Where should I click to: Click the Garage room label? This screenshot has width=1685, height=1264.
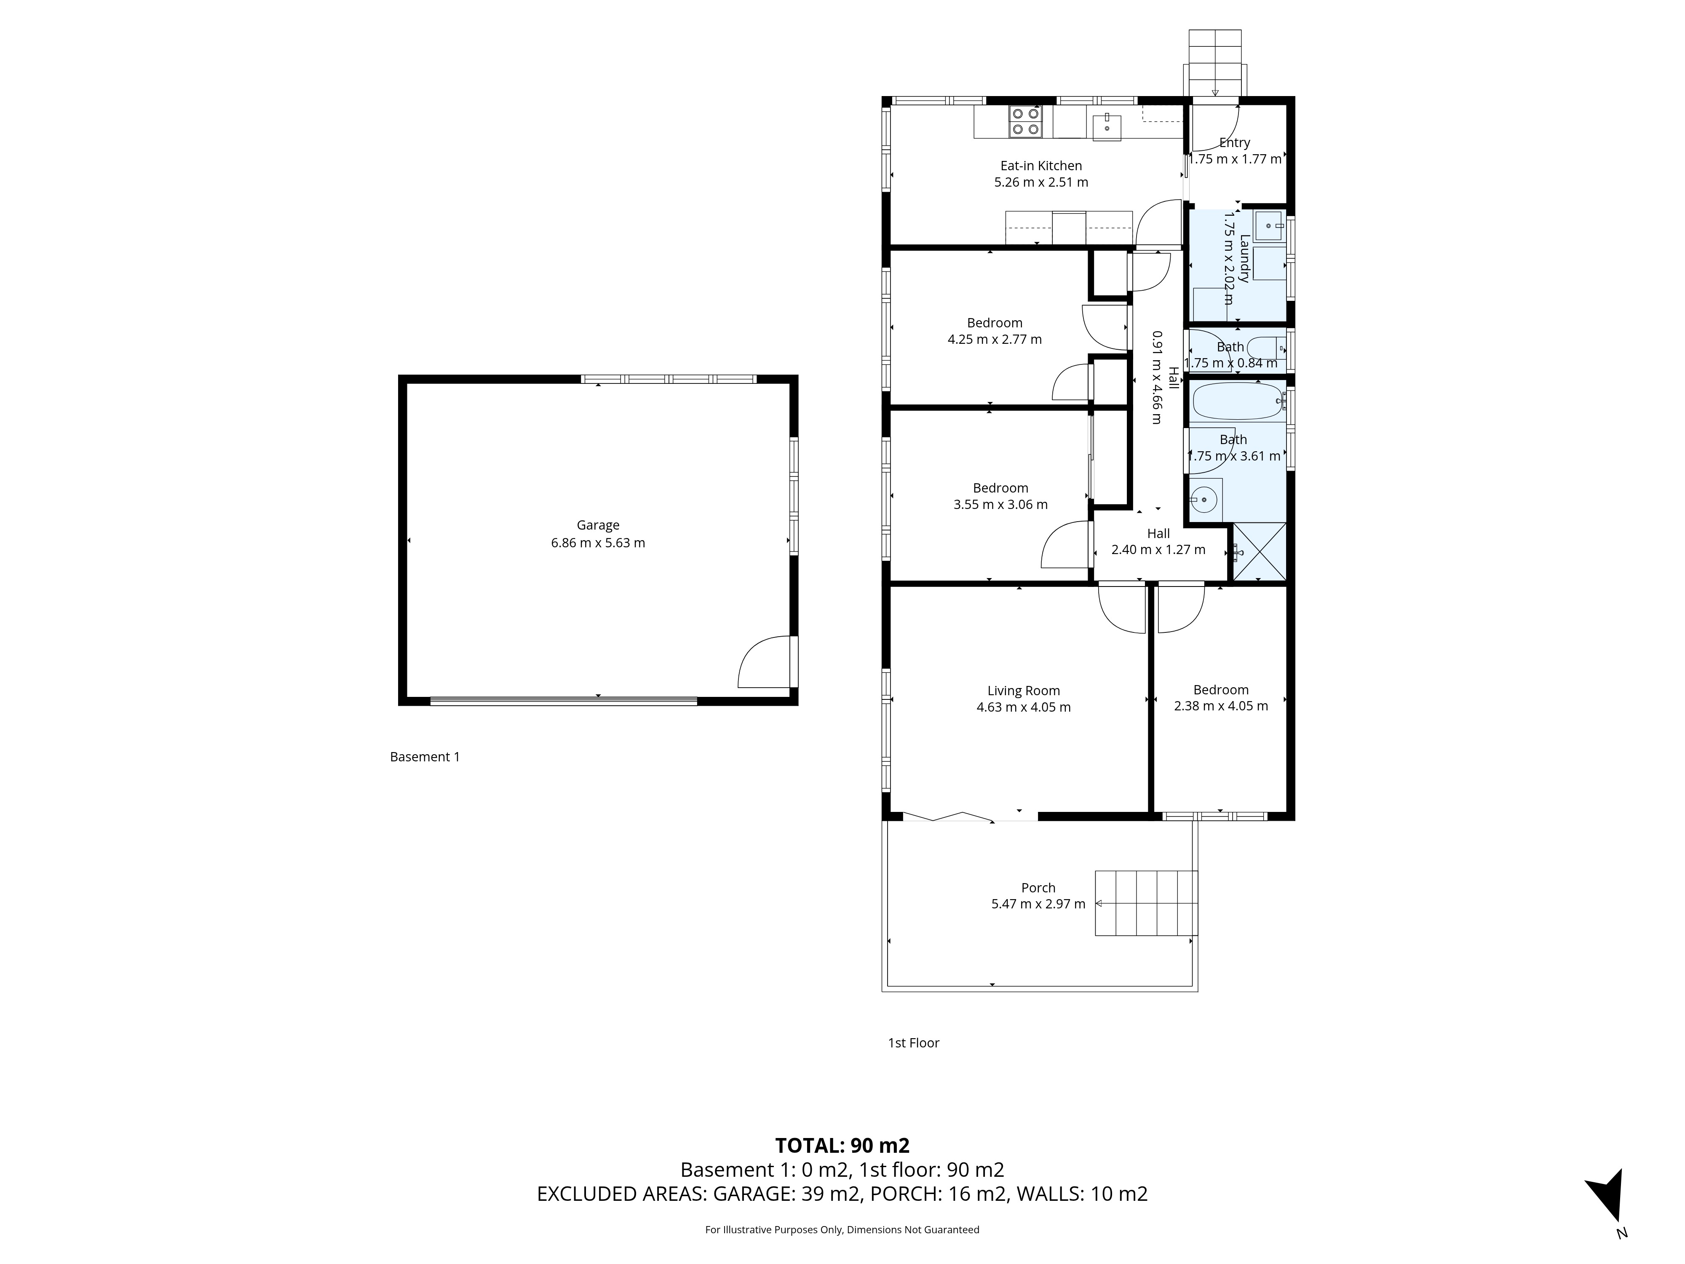[598, 525]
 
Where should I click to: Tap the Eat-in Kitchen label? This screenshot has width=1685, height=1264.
[1040, 165]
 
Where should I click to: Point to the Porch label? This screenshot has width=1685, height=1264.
[1038, 888]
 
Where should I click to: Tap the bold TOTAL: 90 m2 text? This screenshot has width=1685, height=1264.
[842, 1145]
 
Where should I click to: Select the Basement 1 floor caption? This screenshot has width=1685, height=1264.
[425, 757]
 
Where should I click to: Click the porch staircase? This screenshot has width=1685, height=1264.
[1147, 903]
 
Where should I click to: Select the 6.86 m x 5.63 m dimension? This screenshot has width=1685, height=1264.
[598, 543]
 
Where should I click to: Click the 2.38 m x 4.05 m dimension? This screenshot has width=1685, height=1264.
[1221, 706]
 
